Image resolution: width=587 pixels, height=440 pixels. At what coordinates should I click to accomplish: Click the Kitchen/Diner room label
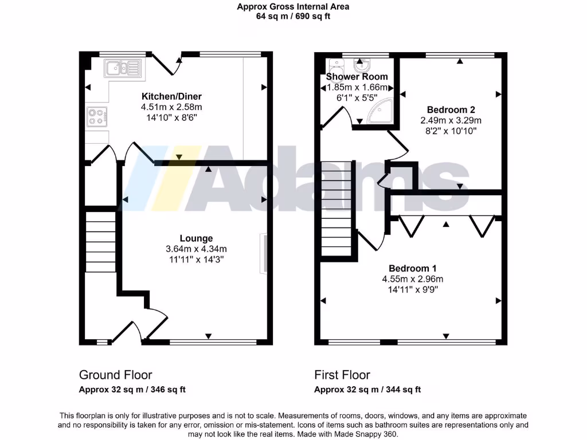click(171, 96)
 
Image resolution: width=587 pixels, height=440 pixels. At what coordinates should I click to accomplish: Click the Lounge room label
click(196, 238)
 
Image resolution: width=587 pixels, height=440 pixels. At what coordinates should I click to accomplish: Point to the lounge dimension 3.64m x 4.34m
click(196, 249)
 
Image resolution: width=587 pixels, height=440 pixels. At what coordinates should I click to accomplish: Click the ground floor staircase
click(101, 241)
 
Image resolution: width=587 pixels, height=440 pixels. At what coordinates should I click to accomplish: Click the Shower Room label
click(357, 77)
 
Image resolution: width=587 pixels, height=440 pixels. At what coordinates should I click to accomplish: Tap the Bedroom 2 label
click(451, 109)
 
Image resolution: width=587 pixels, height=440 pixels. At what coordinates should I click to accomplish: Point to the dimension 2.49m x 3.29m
click(451, 120)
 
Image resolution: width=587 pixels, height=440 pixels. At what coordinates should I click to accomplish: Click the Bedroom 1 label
click(413, 268)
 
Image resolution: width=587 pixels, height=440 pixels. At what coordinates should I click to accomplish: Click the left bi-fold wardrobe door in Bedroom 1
click(410, 226)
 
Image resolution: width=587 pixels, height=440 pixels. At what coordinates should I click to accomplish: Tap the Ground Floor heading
click(115, 375)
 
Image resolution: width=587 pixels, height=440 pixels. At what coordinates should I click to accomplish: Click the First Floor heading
click(342, 375)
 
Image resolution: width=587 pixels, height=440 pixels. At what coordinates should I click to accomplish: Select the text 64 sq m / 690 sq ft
click(293, 17)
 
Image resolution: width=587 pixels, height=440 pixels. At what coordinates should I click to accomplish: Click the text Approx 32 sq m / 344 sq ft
click(367, 390)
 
